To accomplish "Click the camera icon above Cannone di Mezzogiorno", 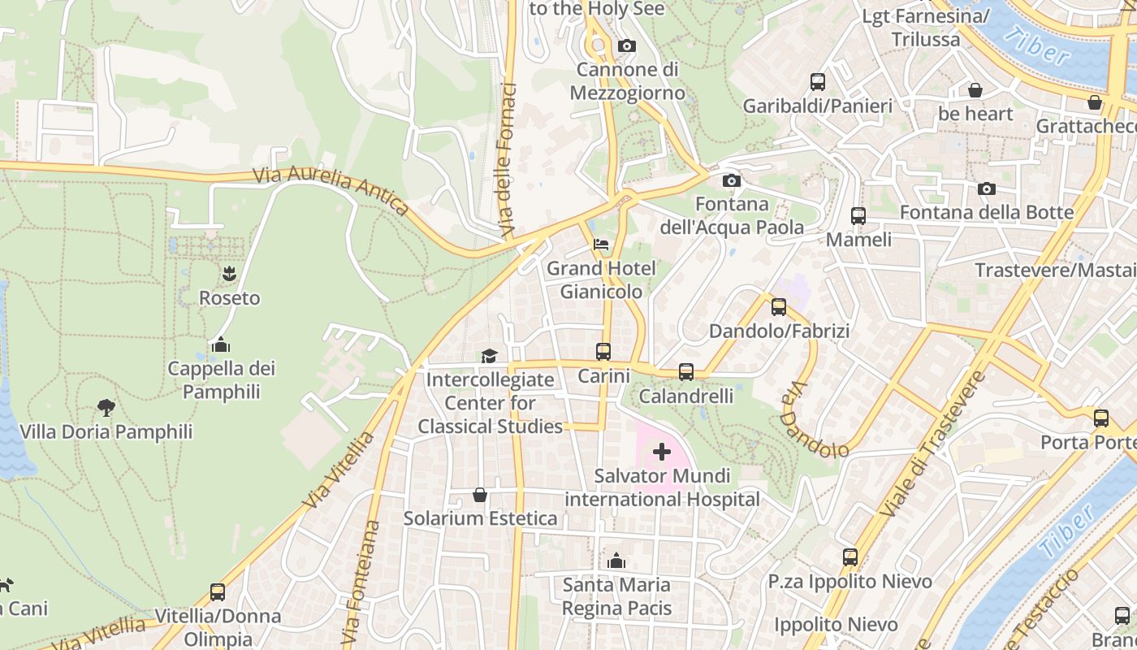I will pos(626,46).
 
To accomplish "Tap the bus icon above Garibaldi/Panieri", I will pos(818,82).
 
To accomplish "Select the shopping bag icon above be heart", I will pos(975,90).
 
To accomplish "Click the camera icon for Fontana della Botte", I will pos(987,189).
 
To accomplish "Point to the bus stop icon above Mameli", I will pos(858,216).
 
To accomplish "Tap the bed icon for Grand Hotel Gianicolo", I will pos(601,245).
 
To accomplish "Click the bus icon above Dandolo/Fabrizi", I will pos(779,307).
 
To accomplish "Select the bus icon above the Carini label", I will pos(603,352).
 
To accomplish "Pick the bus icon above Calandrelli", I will pos(686,372).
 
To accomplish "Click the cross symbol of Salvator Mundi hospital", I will pos(662,452).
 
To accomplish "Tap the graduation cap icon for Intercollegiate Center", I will pos(489,356).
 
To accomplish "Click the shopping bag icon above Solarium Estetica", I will pos(480,495).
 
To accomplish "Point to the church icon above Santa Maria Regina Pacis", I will pos(616,561).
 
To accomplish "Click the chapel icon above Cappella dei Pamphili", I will pos(220,344).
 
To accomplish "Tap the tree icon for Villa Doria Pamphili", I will pos(106,408).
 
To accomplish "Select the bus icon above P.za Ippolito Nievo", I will pos(850,557).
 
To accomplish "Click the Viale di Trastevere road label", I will pos(934,444).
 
